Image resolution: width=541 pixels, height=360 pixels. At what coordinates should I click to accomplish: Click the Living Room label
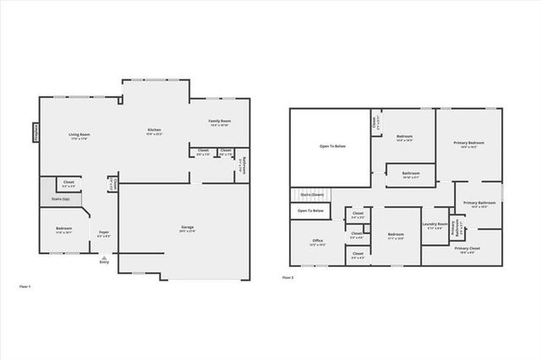(x=79, y=135)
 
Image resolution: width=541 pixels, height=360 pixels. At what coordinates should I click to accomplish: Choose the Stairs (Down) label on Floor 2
(x=312, y=194)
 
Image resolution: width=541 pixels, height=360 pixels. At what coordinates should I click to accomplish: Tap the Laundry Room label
(x=435, y=225)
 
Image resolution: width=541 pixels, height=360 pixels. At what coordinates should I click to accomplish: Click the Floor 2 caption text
(x=287, y=277)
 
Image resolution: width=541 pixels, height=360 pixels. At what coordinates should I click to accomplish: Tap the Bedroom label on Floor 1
(x=64, y=229)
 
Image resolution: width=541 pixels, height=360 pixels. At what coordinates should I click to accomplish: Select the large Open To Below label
(x=332, y=146)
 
